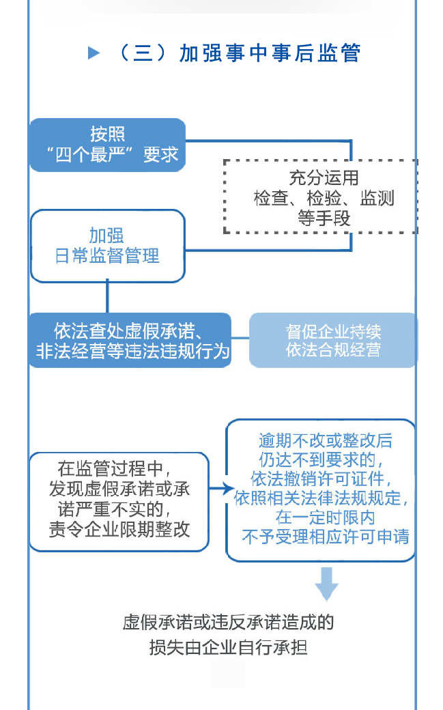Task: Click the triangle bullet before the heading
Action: (x=94, y=53)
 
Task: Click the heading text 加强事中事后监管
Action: (x=270, y=53)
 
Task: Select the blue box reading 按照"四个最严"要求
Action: (x=107, y=145)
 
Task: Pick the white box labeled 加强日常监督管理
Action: (x=107, y=246)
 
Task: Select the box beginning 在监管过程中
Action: (x=119, y=501)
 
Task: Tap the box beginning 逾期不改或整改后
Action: (x=321, y=490)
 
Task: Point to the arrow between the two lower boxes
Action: (x=218, y=489)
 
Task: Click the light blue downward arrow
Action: (x=327, y=584)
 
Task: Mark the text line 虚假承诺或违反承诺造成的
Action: (x=228, y=622)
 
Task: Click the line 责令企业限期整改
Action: (x=119, y=530)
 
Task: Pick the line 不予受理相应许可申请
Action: (x=326, y=537)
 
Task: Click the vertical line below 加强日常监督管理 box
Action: (x=107, y=298)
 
